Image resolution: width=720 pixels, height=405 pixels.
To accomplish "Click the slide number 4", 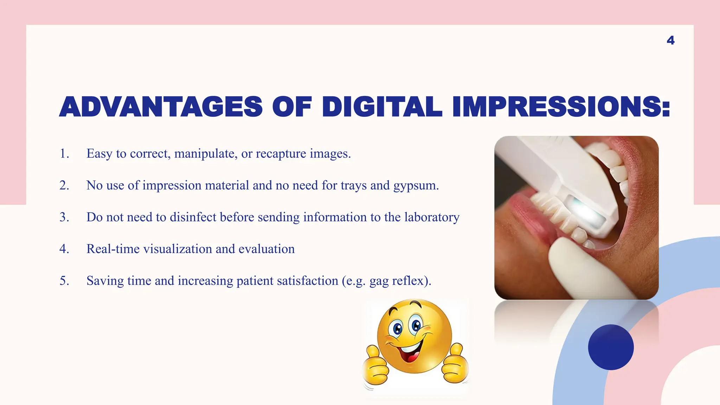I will click(x=670, y=40).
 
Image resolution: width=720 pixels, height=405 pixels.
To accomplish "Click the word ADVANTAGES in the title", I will click(x=161, y=107).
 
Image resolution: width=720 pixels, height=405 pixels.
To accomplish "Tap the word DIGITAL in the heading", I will click(x=382, y=107).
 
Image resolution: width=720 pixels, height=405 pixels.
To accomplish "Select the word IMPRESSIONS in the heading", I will click(x=561, y=107).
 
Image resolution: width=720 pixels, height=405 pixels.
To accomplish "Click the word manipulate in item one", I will click(x=206, y=154).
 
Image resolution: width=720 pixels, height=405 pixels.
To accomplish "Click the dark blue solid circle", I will click(x=611, y=347).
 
